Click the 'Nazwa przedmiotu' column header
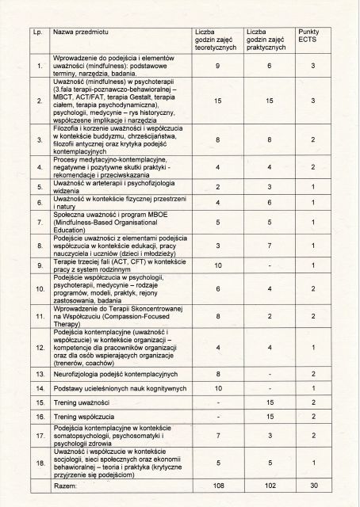75,33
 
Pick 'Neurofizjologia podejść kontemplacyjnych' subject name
114,373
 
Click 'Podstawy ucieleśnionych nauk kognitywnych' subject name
119,388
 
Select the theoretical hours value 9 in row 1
217,66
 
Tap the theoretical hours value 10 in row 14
217,388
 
